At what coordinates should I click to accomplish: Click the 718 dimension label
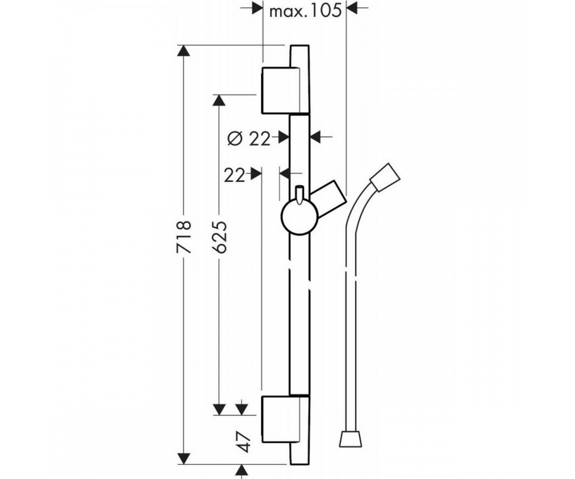click(184, 237)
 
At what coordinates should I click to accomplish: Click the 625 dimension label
click(219, 237)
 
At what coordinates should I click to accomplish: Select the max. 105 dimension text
click(305, 11)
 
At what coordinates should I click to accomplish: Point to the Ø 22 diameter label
click(249, 139)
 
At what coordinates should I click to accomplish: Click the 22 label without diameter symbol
click(234, 175)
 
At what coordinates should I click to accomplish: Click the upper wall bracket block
click(285, 90)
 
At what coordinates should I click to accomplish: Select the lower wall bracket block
click(285, 420)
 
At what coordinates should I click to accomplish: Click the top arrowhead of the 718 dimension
click(184, 51)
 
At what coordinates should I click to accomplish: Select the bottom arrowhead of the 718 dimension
click(184, 458)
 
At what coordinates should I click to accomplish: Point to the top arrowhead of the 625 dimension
click(219, 100)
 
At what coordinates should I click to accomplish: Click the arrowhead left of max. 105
click(257, 8)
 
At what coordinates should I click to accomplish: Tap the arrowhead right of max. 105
click(352, 8)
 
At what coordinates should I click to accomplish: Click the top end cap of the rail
click(299, 56)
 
